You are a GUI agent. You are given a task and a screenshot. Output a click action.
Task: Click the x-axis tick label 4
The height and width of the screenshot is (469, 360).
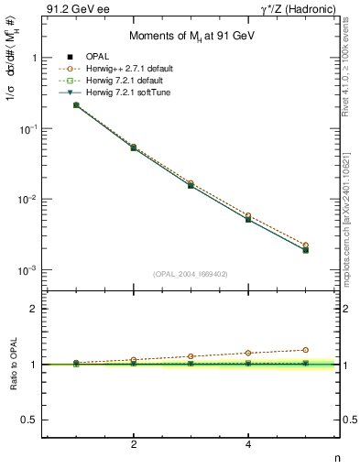[x=248, y=444]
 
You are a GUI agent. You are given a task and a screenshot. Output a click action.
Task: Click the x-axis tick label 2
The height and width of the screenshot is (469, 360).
[x=134, y=444]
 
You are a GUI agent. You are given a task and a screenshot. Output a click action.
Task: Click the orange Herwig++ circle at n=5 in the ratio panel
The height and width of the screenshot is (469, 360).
[x=305, y=350]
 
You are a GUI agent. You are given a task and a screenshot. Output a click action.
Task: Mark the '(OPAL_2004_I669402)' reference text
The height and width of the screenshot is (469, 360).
[x=190, y=273]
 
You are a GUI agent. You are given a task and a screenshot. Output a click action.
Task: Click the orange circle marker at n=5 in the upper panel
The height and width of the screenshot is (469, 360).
[x=305, y=245]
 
